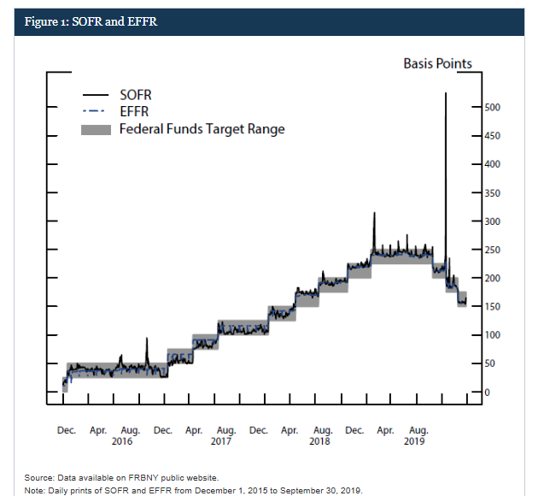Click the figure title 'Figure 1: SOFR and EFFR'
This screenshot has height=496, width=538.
pyautogui.click(x=85, y=21)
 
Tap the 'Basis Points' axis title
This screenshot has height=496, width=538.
pyautogui.click(x=437, y=63)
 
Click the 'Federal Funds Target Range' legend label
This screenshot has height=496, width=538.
pyautogui.click(x=202, y=129)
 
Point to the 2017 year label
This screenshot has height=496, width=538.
pyautogui.click(x=221, y=441)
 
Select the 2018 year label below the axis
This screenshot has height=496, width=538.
pyautogui.click(x=319, y=441)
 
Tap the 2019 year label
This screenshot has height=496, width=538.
pyautogui.click(x=414, y=441)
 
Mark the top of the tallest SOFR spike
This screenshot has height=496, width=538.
pyautogui.click(x=446, y=93)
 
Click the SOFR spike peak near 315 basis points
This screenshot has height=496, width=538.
pyautogui.click(x=374, y=213)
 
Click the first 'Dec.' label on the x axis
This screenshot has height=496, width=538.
pyautogui.click(x=67, y=430)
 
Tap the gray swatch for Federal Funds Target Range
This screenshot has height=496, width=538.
pyautogui.click(x=96, y=129)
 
